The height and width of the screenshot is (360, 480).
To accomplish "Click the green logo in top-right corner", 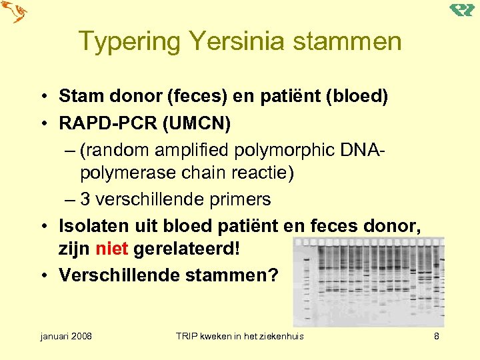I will [461, 10].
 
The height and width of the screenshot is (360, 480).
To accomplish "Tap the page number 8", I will [437, 336].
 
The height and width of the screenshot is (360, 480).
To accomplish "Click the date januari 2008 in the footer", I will [65, 336].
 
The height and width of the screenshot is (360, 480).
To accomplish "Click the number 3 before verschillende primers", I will [85, 199].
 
